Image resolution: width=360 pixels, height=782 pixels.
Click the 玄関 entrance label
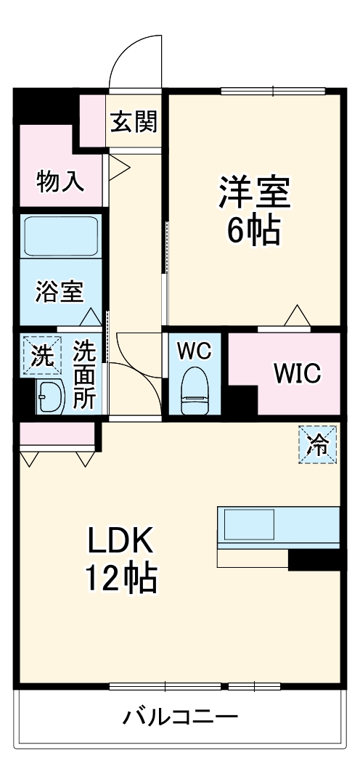[x=133, y=122]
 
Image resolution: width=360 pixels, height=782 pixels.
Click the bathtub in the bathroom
[x=61, y=236]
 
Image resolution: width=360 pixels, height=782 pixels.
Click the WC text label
[x=194, y=351]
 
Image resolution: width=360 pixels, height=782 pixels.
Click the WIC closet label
[x=296, y=373]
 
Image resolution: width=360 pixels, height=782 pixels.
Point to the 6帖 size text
[x=255, y=231]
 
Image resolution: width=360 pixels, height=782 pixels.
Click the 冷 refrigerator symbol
[x=319, y=444]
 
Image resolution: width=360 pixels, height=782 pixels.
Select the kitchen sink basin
[x=247, y=524]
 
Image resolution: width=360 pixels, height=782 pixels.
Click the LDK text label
[x=121, y=542]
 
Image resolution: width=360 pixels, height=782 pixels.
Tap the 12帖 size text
[x=121, y=579]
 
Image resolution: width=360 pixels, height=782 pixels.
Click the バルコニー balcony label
[x=180, y=718]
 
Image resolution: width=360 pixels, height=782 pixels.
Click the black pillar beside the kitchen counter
[x=314, y=558]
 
